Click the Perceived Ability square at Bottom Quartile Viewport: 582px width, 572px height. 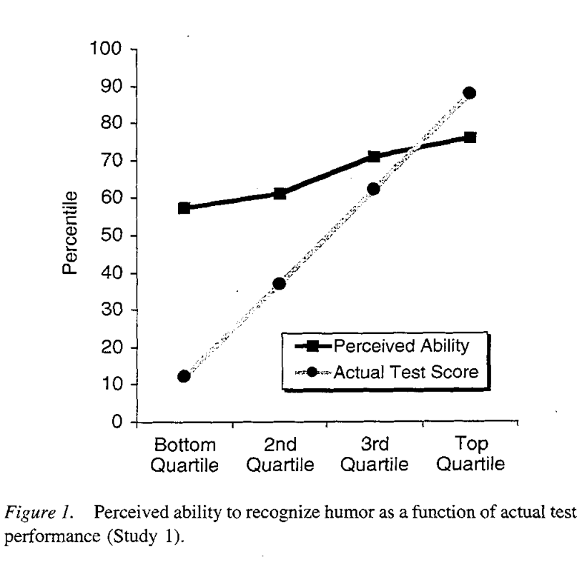click(184, 208)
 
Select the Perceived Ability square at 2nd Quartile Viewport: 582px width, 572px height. click(280, 194)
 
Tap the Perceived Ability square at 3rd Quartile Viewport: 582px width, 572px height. click(374, 157)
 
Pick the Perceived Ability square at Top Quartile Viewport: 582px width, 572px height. click(469, 137)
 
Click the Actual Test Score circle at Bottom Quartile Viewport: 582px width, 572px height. click(184, 376)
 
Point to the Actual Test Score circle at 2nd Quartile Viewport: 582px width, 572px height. click(280, 284)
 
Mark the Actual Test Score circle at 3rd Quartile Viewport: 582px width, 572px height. click(373, 189)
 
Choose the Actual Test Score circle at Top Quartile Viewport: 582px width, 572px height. click(469, 93)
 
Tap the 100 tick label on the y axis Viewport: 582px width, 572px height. click(104, 49)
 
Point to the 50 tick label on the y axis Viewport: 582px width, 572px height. click(109, 236)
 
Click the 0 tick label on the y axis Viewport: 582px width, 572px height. click(114, 423)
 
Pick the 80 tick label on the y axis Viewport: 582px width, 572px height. click(109, 124)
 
